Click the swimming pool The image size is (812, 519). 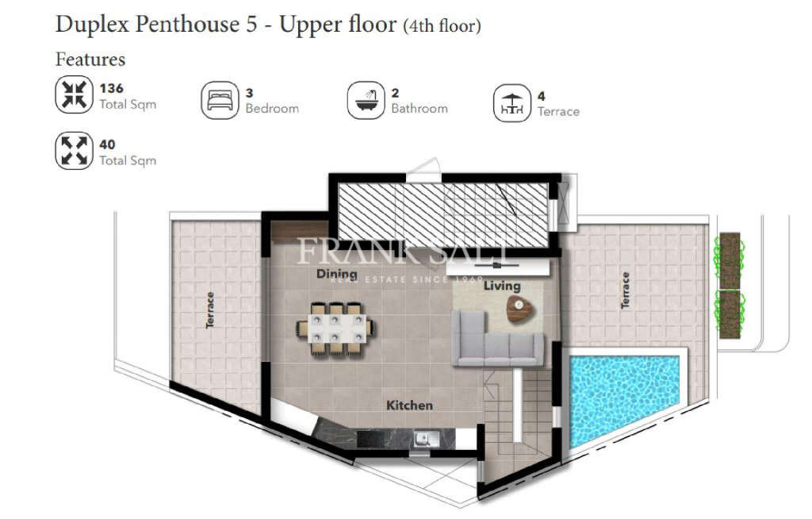[x=624, y=400]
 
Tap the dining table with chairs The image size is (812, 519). [x=336, y=327]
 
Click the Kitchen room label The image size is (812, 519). [x=409, y=406]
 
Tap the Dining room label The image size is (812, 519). [x=336, y=274]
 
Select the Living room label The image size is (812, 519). [x=502, y=286]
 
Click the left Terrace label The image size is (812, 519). [x=210, y=309]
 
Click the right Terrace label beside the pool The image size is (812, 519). [x=625, y=290]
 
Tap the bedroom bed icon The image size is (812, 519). [x=220, y=101]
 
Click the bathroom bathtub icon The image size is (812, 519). [x=366, y=101]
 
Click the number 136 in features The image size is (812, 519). [x=111, y=88]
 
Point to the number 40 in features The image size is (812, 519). [x=107, y=144]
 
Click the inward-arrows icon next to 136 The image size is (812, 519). [x=74, y=94]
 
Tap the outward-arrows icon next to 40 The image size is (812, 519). [x=74, y=151]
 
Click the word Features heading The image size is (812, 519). [x=90, y=59]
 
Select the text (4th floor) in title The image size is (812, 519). [x=442, y=26]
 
